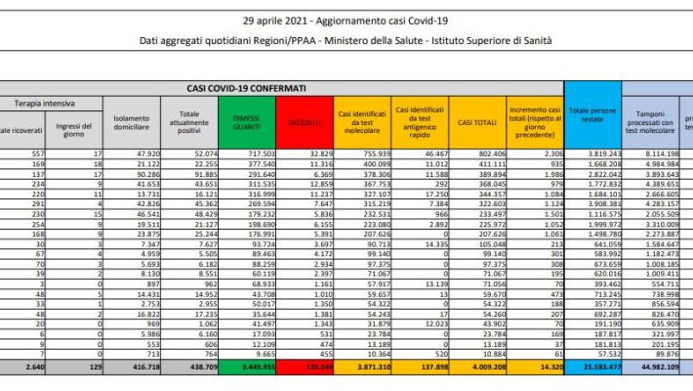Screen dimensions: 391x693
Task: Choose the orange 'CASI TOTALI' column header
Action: coord(477,120)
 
